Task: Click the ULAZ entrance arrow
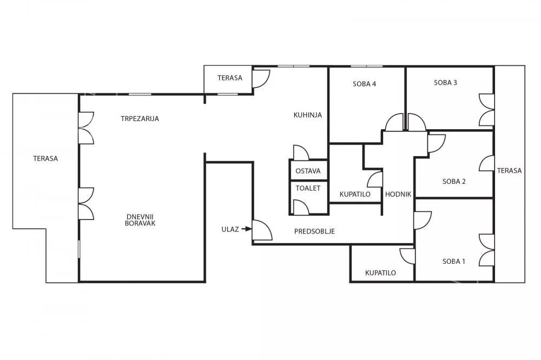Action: [246, 229]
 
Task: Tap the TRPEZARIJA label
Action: [140, 118]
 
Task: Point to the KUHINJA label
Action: [308, 115]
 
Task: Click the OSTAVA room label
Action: [308, 171]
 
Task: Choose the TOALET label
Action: [308, 188]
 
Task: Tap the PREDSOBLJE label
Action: [314, 231]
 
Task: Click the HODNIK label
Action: [398, 194]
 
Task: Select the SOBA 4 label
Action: [364, 84]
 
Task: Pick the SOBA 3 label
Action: [445, 82]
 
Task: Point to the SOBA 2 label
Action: [454, 182]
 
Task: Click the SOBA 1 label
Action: [454, 262]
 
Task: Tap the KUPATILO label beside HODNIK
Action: [355, 194]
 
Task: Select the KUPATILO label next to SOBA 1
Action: [380, 273]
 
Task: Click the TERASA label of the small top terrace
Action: [230, 78]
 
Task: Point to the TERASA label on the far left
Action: [45, 158]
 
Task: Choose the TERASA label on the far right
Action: [509, 170]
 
